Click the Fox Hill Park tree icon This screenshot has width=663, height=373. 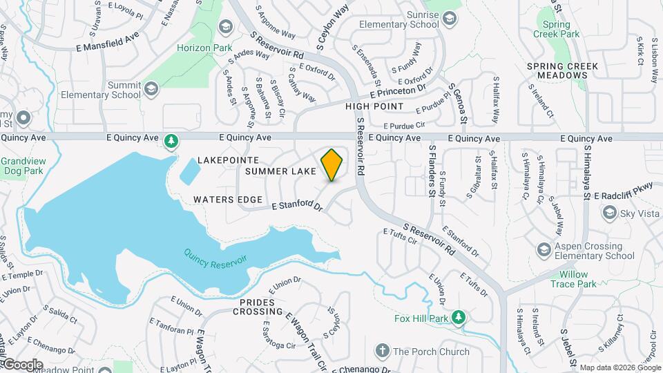[x=458, y=318]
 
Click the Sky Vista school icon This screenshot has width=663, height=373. [x=609, y=214]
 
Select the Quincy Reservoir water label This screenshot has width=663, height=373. [x=215, y=261]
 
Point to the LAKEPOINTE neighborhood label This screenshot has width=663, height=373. [x=228, y=160]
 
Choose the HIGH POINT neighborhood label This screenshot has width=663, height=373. [x=374, y=106]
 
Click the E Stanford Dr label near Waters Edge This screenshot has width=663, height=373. [x=298, y=205]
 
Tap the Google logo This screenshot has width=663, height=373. [x=22, y=364]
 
